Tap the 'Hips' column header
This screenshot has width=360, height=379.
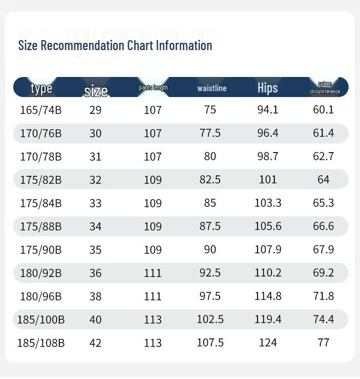[x=267, y=87]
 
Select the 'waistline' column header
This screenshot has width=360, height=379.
[x=212, y=88]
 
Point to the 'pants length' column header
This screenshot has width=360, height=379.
[x=153, y=87]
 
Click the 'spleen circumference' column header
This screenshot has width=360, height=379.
[x=325, y=87]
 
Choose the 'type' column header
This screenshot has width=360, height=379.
[x=41, y=88]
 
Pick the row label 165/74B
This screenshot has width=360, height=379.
[x=41, y=110]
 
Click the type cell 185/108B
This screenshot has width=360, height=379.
[x=41, y=343]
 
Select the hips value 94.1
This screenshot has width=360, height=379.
[x=267, y=110]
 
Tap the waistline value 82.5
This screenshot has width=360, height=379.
[x=210, y=179]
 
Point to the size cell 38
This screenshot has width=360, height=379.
[x=95, y=296]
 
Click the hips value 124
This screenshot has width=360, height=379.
[x=267, y=343]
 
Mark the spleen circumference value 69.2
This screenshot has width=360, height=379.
[x=324, y=273]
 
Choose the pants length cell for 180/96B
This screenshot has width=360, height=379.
[x=153, y=296]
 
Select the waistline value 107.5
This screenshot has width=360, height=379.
[x=210, y=343]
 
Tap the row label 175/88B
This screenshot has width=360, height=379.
[x=41, y=226]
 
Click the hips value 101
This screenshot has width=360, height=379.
[x=267, y=179]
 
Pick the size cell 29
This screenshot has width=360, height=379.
[x=95, y=110]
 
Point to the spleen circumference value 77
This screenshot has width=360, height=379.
[x=324, y=343]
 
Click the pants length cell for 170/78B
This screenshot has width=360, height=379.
[x=153, y=156]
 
